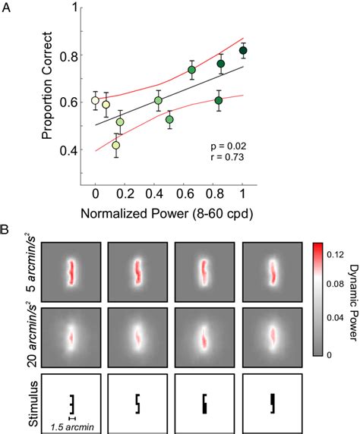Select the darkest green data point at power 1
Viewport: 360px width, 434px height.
click(243, 51)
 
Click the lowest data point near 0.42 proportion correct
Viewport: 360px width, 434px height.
click(116, 145)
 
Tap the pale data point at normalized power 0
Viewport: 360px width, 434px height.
click(95, 100)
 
